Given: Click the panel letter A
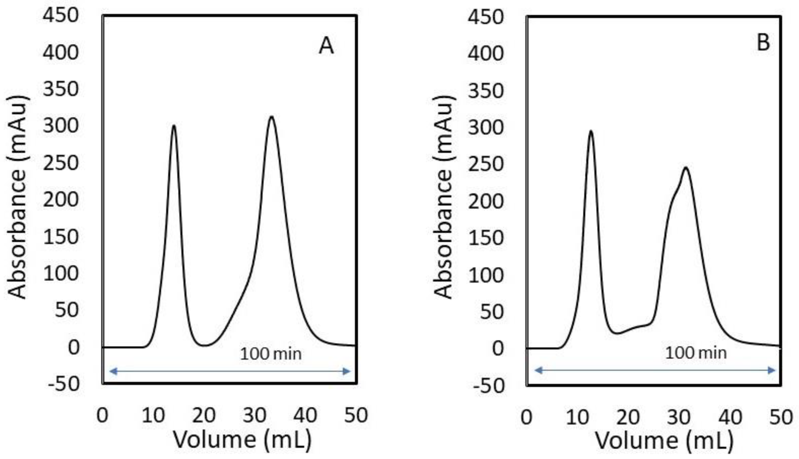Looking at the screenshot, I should pyautogui.click(x=326, y=46).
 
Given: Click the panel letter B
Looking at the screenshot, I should pyautogui.click(x=763, y=43).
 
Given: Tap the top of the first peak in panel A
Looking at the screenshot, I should pyautogui.click(x=174, y=126).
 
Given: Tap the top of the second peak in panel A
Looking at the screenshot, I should pyautogui.click(x=272, y=117).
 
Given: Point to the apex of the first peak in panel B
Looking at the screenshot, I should pyautogui.click(x=591, y=131).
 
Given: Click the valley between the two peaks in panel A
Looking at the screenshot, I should pyautogui.click(x=205, y=345).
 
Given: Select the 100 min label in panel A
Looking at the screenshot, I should pyautogui.click(x=270, y=353).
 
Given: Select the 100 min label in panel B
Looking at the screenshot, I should pyautogui.click(x=695, y=352).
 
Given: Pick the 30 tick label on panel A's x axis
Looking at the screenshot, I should pyautogui.click(x=255, y=415).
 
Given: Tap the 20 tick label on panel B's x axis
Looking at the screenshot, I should pyautogui.click(x=628, y=416).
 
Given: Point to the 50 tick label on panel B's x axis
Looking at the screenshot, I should pyautogui.click(x=781, y=416).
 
